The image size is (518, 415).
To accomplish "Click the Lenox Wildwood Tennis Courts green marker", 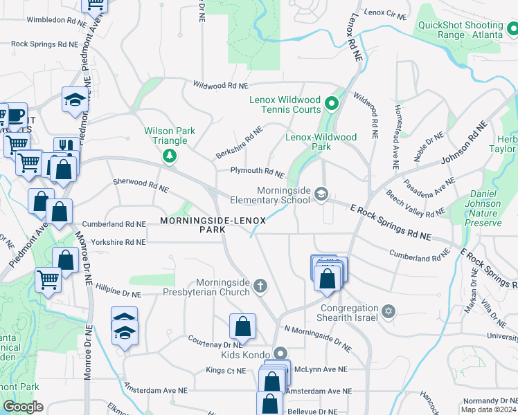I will coord(331,104).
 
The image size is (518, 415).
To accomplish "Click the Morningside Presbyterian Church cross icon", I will coord(260,286).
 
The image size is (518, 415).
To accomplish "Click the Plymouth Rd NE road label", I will coord(258,172).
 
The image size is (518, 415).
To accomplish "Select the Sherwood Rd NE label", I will coord(141,185).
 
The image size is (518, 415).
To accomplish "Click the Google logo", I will coord(23,406).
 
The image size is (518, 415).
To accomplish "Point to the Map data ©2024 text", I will coord(488,409).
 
